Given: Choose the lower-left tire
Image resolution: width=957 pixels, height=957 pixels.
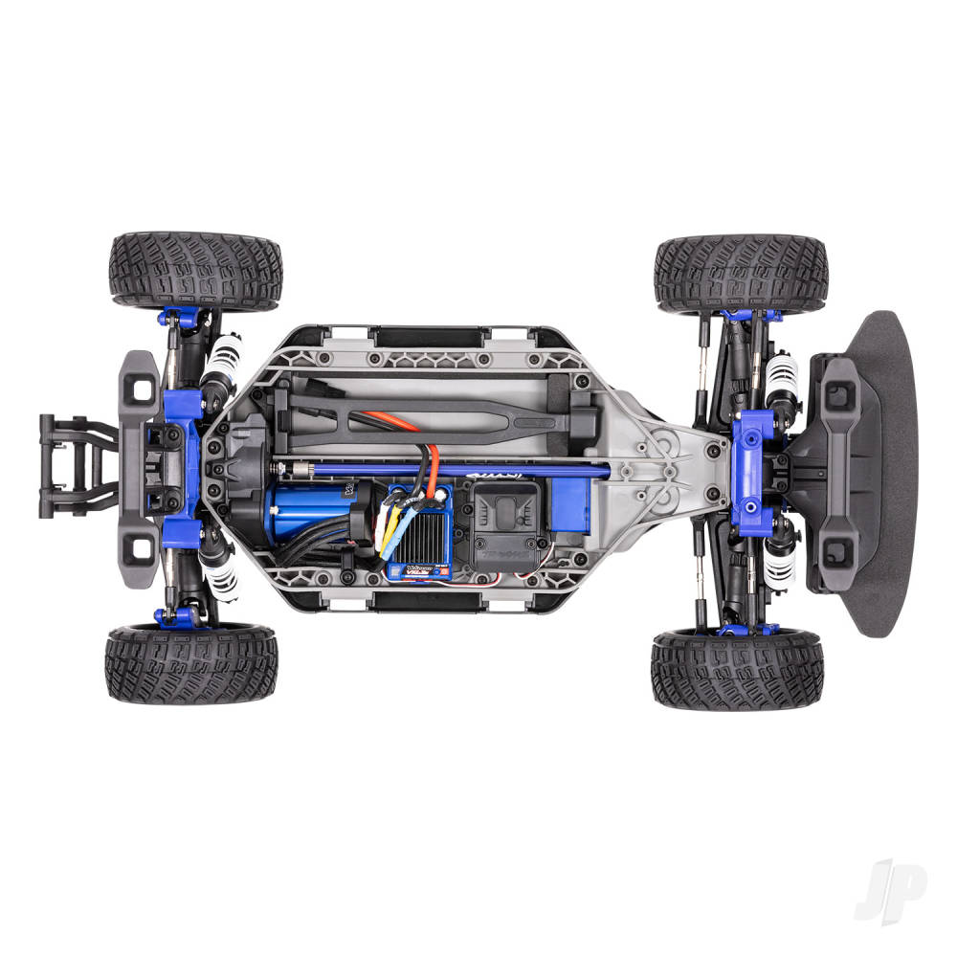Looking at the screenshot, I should click(x=191, y=664).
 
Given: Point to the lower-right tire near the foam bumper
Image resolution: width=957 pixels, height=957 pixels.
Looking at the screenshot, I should click(x=737, y=670).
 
